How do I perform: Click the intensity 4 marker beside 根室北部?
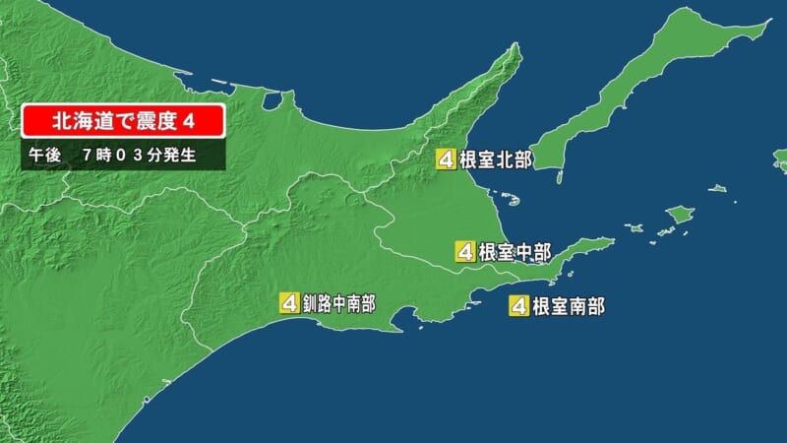pyautogui.click(x=447, y=159)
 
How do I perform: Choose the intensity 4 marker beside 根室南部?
pyautogui.click(x=518, y=305)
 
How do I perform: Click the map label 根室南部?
pyautogui.click(x=568, y=305)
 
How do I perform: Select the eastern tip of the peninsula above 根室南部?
pyautogui.click(x=612, y=241)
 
